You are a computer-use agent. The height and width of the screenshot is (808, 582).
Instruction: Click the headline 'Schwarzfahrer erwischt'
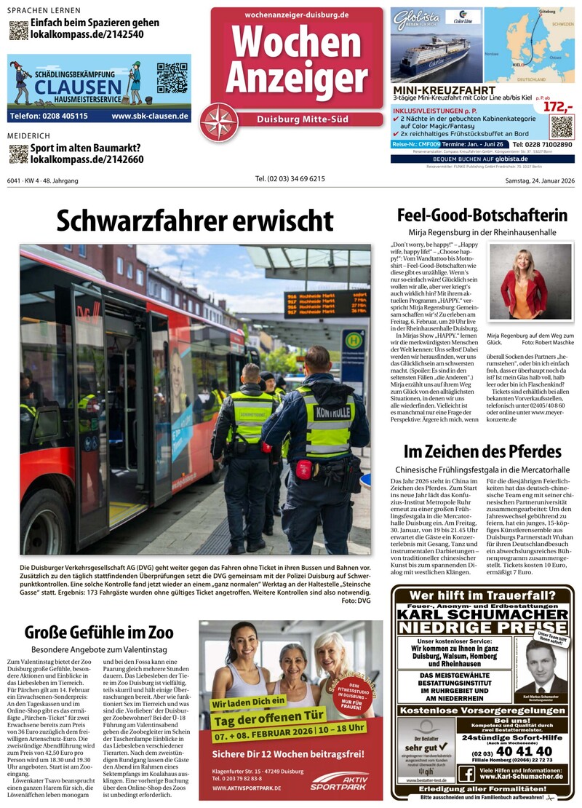tap(195, 220)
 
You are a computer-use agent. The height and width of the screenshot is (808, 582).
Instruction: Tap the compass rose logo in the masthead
tap(219, 122)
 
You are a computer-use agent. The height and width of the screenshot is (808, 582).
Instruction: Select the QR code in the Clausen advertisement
tap(172, 79)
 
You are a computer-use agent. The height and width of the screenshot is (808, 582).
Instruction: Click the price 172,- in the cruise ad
tap(558, 107)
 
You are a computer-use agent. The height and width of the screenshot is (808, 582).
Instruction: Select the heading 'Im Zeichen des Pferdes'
tap(482, 451)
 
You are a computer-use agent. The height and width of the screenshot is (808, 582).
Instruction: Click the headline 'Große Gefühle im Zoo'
tap(99, 631)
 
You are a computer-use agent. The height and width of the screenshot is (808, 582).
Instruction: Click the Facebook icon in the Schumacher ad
tap(466, 774)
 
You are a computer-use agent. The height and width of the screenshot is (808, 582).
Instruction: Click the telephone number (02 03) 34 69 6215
tap(290, 179)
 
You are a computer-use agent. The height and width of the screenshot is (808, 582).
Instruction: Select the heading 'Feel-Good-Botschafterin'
tap(482, 215)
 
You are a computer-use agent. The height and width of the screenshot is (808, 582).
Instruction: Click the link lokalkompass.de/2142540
tap(87, 34)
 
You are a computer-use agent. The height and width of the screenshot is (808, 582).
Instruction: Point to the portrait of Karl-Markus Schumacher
tap(540, 668)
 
